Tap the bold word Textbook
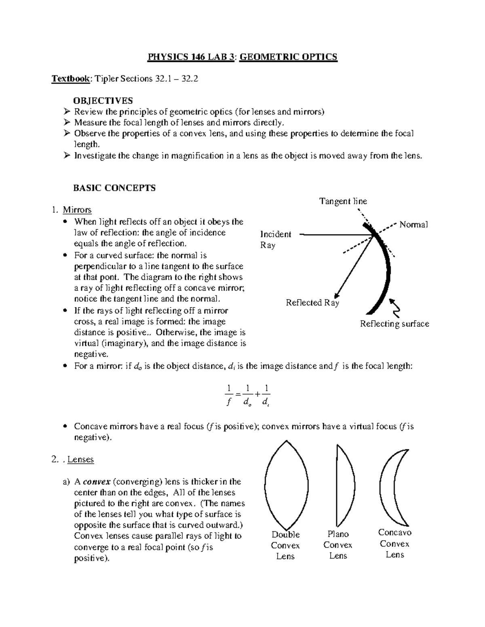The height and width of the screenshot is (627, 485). click(x=70, y=79)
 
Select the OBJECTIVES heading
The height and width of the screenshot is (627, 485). click(x=103, y=101)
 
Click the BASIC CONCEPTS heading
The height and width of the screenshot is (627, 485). click(x=114, y=188)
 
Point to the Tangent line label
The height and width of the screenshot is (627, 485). click(x=343, y=201)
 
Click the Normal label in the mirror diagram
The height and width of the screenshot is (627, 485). click(x=413, y=225)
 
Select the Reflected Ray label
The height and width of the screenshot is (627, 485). click(x=312, y=303)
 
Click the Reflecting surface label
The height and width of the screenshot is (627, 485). click(x=394, y=324)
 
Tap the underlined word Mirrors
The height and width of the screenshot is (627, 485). click(x=77, y=210)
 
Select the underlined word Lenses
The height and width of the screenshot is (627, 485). click(x=80, y=459)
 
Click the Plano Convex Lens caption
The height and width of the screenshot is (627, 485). click(x=338, y=545)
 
